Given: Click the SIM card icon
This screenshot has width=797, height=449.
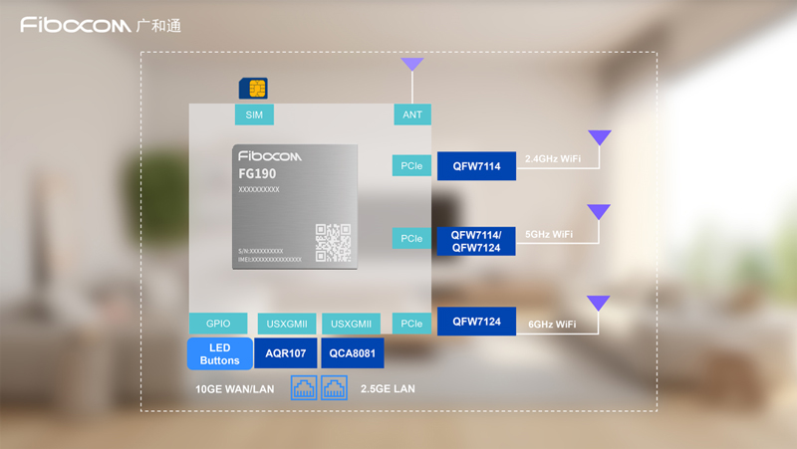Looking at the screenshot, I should pyautogui.click(x=253, y=89).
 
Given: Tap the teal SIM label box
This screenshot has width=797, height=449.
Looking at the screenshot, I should pyautogui.click(x=254, y=114).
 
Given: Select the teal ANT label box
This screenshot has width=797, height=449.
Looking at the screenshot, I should pyautogui.click(x=412, y=114).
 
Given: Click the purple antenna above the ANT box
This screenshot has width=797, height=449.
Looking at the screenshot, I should pyautogui.click(x=412, y=66).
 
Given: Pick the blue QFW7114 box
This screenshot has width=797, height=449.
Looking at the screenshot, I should pyautogui.click(x=476, y=166).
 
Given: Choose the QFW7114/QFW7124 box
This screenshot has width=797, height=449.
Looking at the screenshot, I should pyautogui.click(x=476, y=241).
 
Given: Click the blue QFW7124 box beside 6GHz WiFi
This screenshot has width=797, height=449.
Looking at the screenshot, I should pyautogui.click(x=476, y=322).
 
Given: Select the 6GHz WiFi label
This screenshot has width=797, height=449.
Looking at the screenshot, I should pyautogui.click(x=552, y=325).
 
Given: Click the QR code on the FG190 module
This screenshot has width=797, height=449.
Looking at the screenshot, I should pyautogui.click(x=333, y=242).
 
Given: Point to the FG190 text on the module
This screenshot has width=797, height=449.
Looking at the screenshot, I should pyautogui.click(x=258, y=174).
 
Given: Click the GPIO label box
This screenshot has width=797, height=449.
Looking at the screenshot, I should pyautogui.click(x=218, y=324).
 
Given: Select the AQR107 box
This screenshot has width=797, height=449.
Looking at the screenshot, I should pyautogui.click(x=286, y=353).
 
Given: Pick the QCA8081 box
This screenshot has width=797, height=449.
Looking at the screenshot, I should pyautogui.click(x=353, y=353).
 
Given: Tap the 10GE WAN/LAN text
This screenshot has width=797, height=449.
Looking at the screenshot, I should pyautogui.click(x=235, y=389).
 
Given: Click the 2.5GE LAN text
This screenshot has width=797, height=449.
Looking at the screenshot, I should pyautogui.click(x=388, y=389).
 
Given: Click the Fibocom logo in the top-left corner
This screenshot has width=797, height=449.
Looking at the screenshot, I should pyautogui.click(x=101, y=25).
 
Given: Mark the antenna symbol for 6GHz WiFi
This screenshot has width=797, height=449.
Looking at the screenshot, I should pyautogui.click(x=598, y=303).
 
